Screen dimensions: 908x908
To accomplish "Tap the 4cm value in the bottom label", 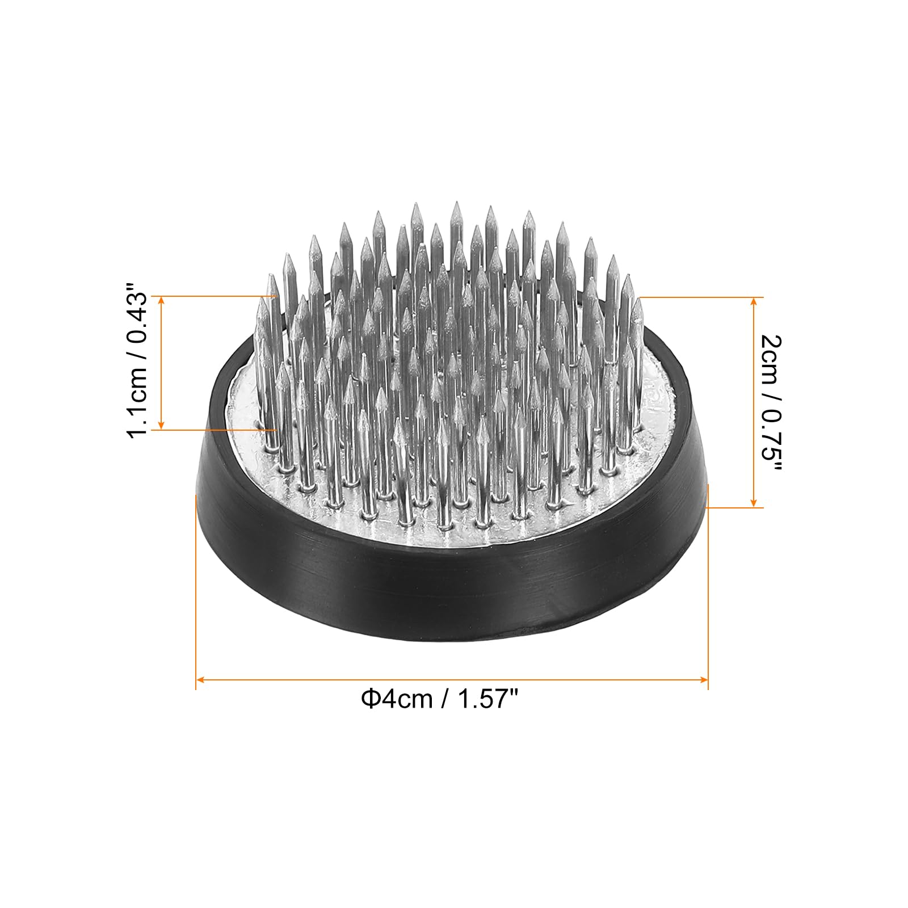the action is click(406, 699).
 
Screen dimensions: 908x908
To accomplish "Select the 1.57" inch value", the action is click(485, 697).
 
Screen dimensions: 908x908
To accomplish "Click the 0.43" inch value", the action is click(138, 320).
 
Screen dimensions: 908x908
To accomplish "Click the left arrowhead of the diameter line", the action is click(199, 679).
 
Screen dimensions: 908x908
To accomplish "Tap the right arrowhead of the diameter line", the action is click(704, 679).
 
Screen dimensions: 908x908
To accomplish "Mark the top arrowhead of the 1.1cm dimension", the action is click(162, 300).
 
